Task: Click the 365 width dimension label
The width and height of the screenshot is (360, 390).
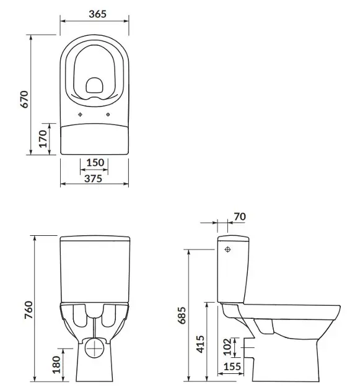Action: (98, 14)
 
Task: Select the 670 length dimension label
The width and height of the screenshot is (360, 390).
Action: (24, 99)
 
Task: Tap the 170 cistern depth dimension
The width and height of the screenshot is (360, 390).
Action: (43, 139)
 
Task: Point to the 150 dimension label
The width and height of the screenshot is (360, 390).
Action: (95, 162)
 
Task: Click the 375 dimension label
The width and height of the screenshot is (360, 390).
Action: (94, 178)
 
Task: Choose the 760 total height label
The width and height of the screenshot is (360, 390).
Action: (29, 310)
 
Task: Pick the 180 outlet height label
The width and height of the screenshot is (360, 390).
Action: (56, 365)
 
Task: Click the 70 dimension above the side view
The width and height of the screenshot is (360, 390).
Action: (240, 217)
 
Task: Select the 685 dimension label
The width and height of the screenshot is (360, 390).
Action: (182, 315)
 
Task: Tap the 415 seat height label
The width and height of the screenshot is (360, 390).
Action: (200, 344)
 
